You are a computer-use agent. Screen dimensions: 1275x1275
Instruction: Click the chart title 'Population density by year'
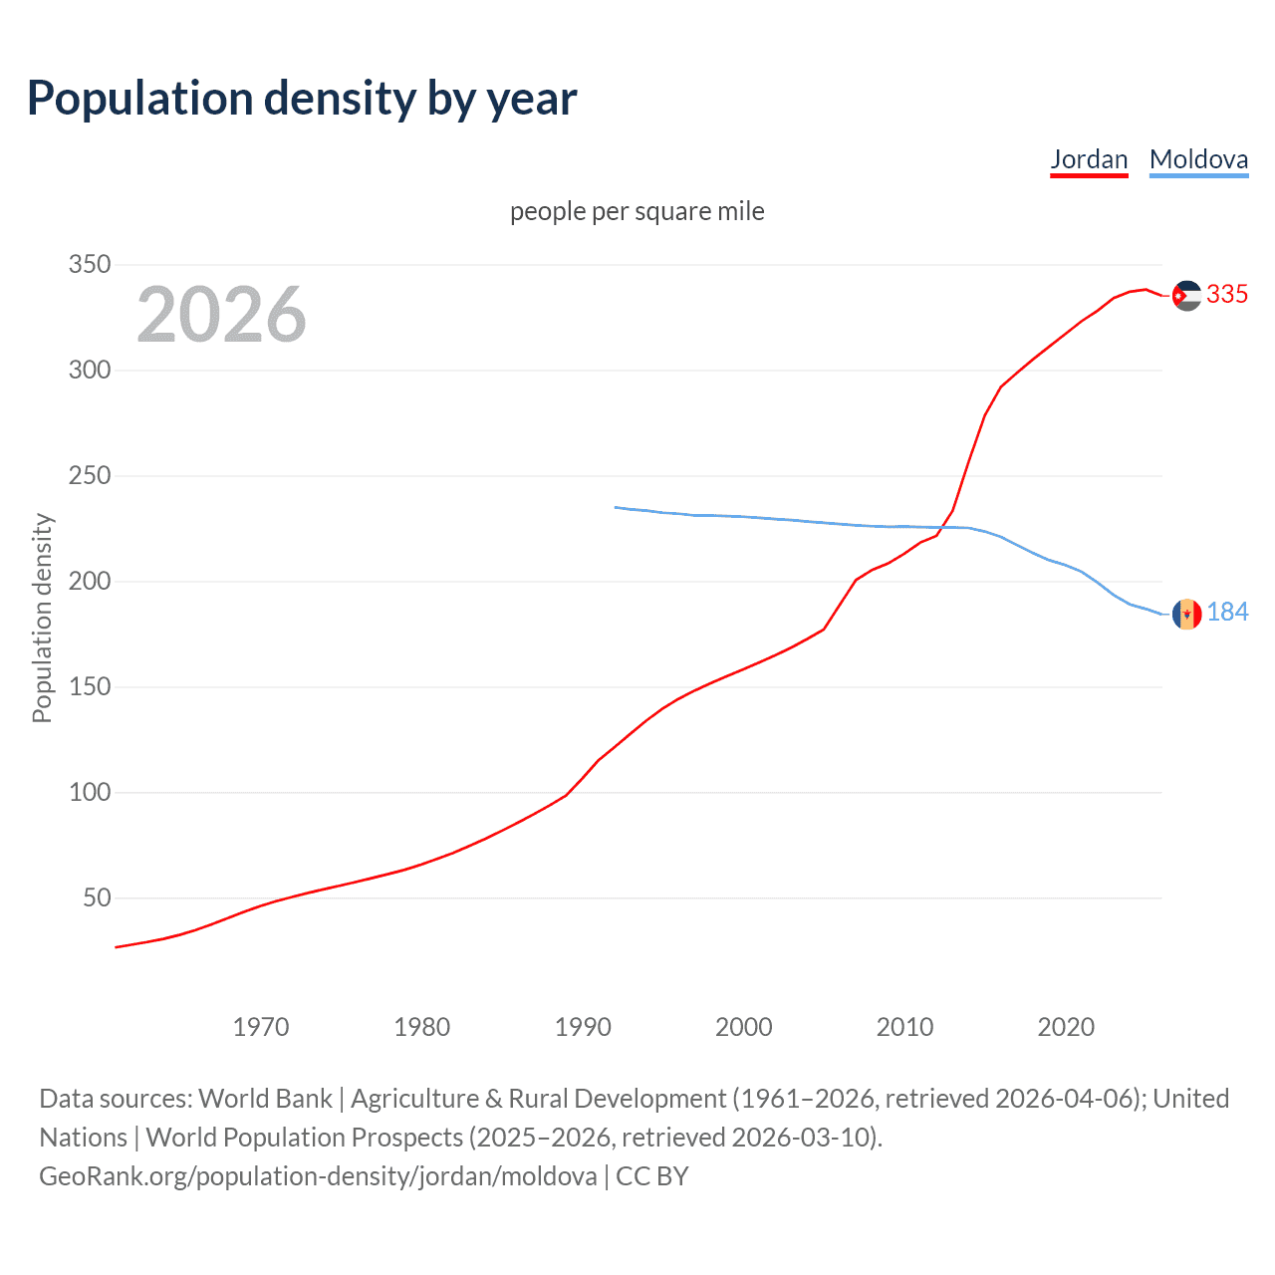click(302, 99)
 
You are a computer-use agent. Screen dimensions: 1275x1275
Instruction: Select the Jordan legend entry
click(1089, 159)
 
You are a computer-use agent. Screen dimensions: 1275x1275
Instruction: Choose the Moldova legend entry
click(1198, 159)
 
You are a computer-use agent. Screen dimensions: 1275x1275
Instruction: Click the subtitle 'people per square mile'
click(637, 211)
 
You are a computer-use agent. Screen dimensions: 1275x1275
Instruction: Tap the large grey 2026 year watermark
click(221, 315)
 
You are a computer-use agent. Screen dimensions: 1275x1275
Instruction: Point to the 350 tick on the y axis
click(90, 265)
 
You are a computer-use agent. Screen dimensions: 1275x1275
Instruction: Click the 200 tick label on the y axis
click(90, 582)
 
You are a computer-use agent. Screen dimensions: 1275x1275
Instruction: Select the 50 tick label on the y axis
click(97, 898)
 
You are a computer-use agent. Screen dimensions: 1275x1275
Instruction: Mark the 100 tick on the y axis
click(90, 793)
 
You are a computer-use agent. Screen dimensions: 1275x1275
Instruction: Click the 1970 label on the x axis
click(261, 1027)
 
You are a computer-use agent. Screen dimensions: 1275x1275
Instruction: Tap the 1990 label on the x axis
click(583, 1027)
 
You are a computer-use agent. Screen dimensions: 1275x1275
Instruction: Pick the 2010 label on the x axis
click(904, 1027)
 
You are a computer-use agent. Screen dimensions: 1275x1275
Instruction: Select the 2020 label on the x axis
click(1066, 1027)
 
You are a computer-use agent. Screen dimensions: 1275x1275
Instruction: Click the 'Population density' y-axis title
click(42, 618)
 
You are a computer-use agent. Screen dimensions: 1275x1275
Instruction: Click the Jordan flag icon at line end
click(1186, 296)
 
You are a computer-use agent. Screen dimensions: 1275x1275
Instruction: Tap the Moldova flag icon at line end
click(1186, 614)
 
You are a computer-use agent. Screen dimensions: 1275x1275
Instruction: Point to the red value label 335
click(1227, 295)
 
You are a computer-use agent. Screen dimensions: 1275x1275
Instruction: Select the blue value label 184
click(1227, 613)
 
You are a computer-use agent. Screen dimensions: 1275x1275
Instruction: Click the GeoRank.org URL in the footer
click(318, 1176)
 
